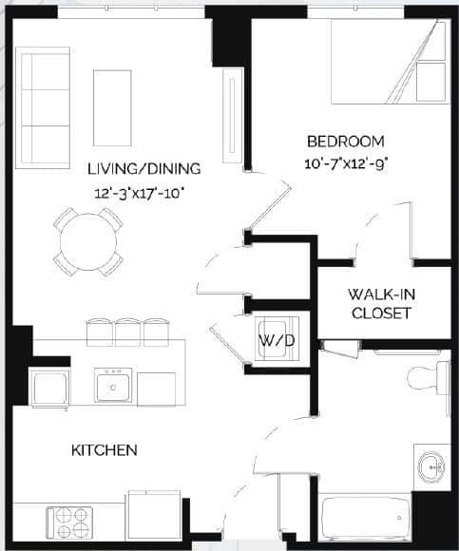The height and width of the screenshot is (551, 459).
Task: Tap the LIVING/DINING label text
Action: click(x=143, y=169)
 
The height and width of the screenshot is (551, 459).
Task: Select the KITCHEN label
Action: click(x=104, y=449)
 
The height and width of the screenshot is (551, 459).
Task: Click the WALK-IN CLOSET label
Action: click(x=379, y=303)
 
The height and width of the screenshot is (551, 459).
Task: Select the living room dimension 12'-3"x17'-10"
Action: click(x=140, y=193)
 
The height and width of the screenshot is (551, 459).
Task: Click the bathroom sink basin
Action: click(x=431, y=466)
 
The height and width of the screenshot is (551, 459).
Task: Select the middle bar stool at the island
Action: click(x=126, y=331)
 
